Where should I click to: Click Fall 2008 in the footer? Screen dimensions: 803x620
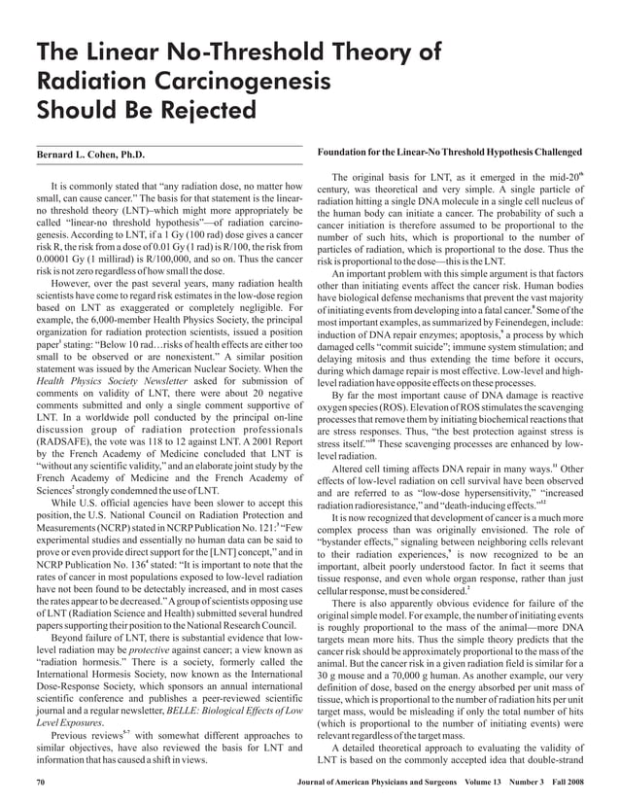coord(564,780)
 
